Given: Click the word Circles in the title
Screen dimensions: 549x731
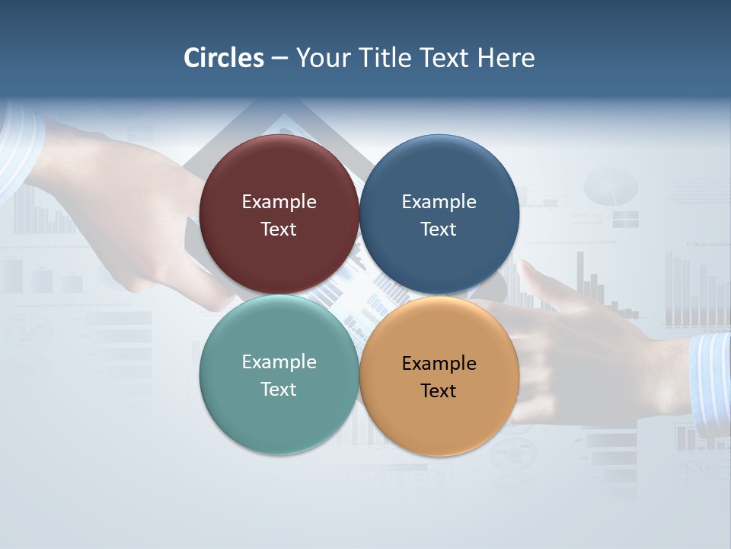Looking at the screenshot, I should point(224,58).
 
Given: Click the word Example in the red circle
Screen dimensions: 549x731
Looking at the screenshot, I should point(279,202).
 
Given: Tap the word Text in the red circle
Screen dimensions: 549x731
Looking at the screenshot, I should point(279,230).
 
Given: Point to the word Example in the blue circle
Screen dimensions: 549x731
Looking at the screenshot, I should point(439,202).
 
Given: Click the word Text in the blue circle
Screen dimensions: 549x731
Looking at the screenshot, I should point(439,230).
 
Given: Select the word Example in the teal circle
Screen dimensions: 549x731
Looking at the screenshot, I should point(279,362).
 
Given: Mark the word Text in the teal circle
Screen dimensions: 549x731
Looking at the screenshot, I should point(279,390).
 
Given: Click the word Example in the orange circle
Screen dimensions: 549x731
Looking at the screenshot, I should point(439,364).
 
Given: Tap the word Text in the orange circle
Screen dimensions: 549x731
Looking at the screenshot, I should point(439,391).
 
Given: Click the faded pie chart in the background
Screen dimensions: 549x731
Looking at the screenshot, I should point(611,187).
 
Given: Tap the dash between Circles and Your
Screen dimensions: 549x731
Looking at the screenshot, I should point(279,59).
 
